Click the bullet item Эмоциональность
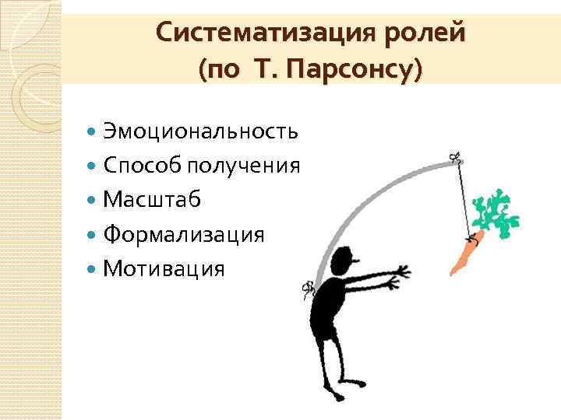[x=200, y=130]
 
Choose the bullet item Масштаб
[x=152, y=199]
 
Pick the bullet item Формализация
[x=184, y=234]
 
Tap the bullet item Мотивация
[x=164, y=269]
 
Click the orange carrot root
[x=466, y=253]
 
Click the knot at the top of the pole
[x=456, y=159]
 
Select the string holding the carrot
[x=464, y=198]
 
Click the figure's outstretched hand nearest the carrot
[x=402, y=271]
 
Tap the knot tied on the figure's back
[x=307, y=292]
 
